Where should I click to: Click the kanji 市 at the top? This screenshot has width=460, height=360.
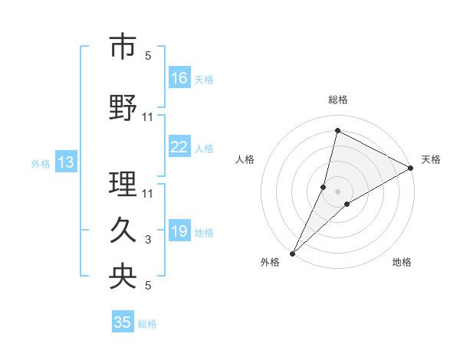coord(123,47)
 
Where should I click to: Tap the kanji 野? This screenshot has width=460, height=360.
coord(123,109)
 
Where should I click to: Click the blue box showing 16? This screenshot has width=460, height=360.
coord(179,77)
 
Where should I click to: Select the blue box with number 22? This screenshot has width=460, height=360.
coord(179,147)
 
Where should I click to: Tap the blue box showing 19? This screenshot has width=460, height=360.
coord(179,231)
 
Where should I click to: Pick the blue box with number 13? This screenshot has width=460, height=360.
coord(65,162)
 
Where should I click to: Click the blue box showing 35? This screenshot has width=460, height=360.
coord(123,322)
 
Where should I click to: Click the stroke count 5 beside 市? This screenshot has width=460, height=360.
coord(148,56)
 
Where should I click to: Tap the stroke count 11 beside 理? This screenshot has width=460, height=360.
coord(148,192)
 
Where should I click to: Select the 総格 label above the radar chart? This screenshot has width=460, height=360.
coord(337,100)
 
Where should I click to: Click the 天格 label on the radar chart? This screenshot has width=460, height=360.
coord(431,159)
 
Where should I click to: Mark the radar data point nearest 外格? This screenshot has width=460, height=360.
coord(292,253)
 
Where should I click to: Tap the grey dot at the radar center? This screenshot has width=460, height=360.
coord(337,191)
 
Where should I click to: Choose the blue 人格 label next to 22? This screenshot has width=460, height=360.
coord(204,148)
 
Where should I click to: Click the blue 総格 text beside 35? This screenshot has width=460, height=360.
coord(147,323)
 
